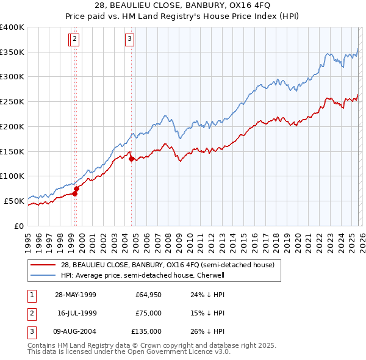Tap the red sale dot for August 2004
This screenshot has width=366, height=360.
[131, 159]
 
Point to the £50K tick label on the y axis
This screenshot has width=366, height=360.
[14, 201]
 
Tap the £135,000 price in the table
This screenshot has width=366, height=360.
[147, 331]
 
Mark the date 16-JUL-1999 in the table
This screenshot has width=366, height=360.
[77, 313]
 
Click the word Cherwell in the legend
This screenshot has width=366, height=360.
[212, 275]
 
